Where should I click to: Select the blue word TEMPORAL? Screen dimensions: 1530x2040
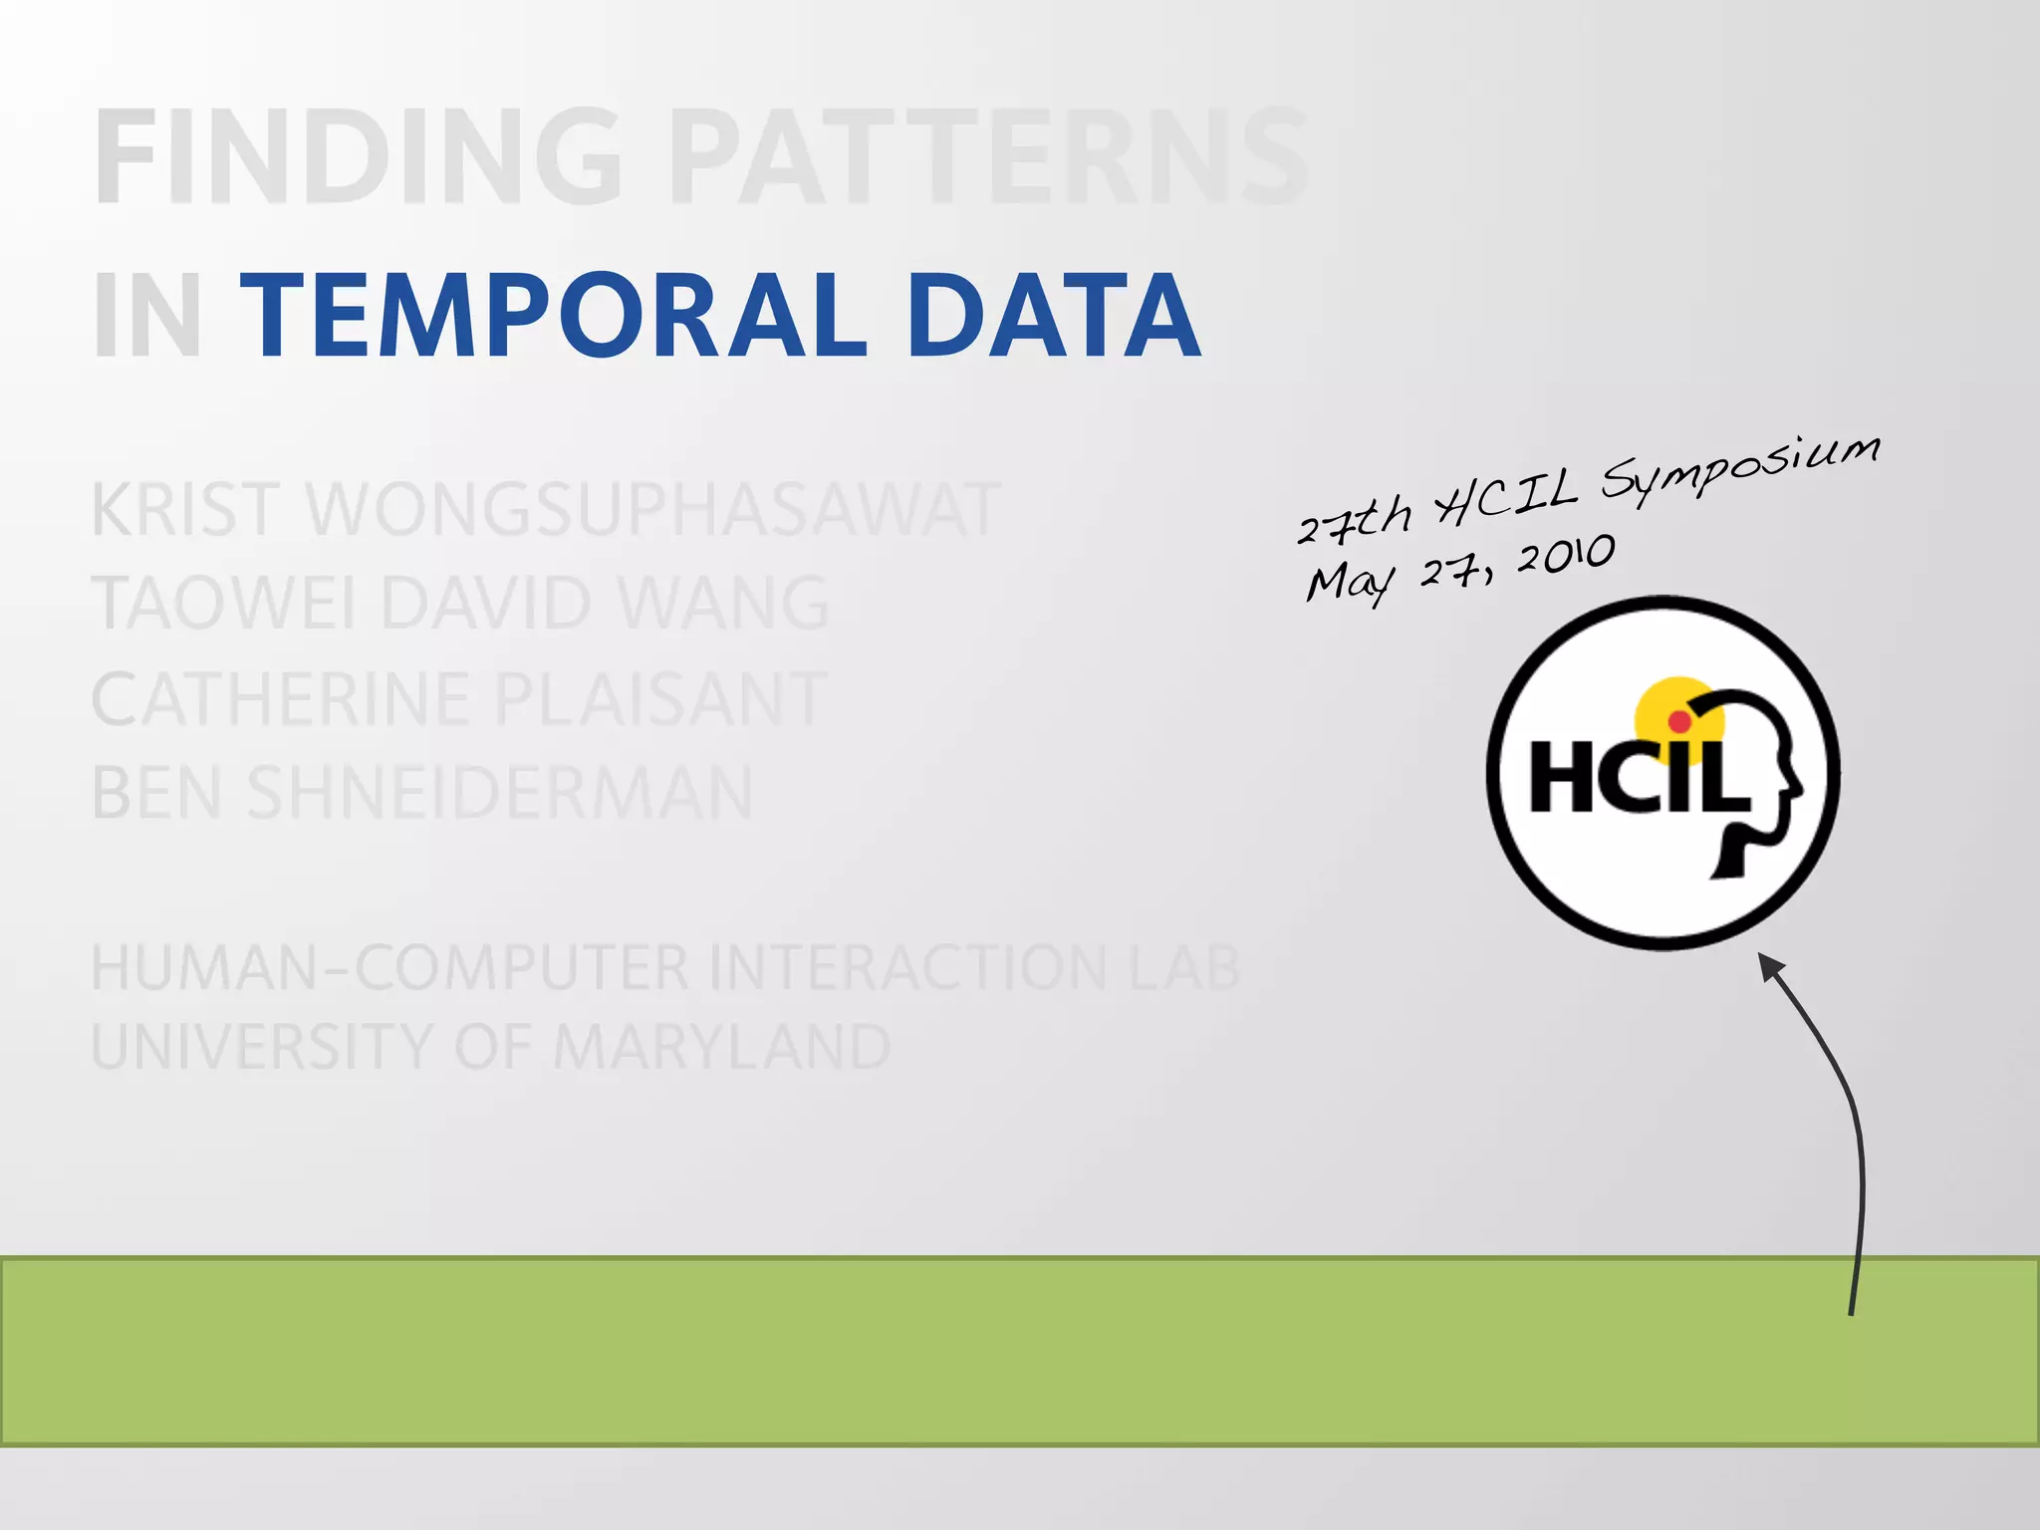[x=554, y=317]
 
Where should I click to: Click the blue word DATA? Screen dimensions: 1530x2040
[x=1053, y=317]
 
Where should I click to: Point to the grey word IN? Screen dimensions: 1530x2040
[x=147, y=317]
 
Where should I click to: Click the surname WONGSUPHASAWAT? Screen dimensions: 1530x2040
[x=652, y=510]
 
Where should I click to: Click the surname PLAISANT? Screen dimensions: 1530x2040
[x=660, y=698]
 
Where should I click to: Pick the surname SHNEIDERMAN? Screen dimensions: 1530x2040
[x=500, y=793]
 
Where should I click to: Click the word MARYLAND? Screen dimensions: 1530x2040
[x=721, y=1047]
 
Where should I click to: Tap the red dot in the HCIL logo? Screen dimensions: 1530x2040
[x=1679, y=721]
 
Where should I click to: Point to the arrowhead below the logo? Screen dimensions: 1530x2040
[x=1770, y=967]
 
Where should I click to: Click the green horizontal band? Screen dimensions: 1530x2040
[x=996, y=1351]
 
